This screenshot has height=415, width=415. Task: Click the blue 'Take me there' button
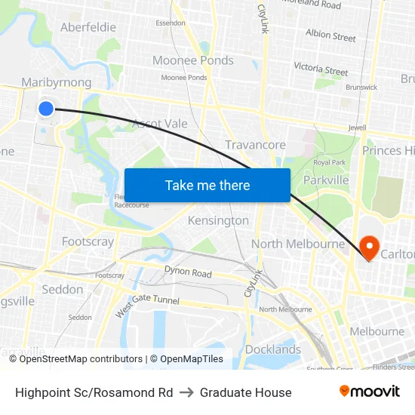pyautogui.click(x=207, y=185)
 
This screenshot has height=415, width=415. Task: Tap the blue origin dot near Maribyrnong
pyautogui.click(x=45, y=108)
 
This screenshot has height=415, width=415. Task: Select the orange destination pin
pyautogui.click(x=369, y=246)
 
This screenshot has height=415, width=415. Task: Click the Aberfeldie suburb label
pyautogui.click(x=88, y=27)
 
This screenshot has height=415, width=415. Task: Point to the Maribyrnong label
pyautogui.click(x=57, y=82)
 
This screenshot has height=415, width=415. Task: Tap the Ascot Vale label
pyautogui.click(x=159, y=123)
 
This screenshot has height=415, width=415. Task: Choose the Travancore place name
pyautogui.click(x=255, y=145)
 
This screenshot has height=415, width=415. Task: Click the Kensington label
pyautogui.click(x=218, y=220)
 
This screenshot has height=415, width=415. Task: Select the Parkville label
pyautogui.click(x=326, y=180)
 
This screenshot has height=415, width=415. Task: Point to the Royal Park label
pyautogui.click(x=329, y=162)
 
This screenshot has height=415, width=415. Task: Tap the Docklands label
pyautogui.click(x=272, y=349)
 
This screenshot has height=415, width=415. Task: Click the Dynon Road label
pyautogui.click(x=188, y=272)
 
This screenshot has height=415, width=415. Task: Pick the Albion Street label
pyautogui.click(x=330, y=35)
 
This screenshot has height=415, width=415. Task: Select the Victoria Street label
pyautogui.click(x=321, y=68)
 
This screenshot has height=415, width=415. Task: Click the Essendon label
pyautogui.click(x=170, y=23)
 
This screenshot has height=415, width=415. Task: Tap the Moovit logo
pyautogui.click(x=369, y=392)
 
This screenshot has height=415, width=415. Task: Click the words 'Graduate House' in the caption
pyautogui.click(x=245, y=392)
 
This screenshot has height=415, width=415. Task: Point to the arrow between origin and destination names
pyautogui.click(x=186, y=392)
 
